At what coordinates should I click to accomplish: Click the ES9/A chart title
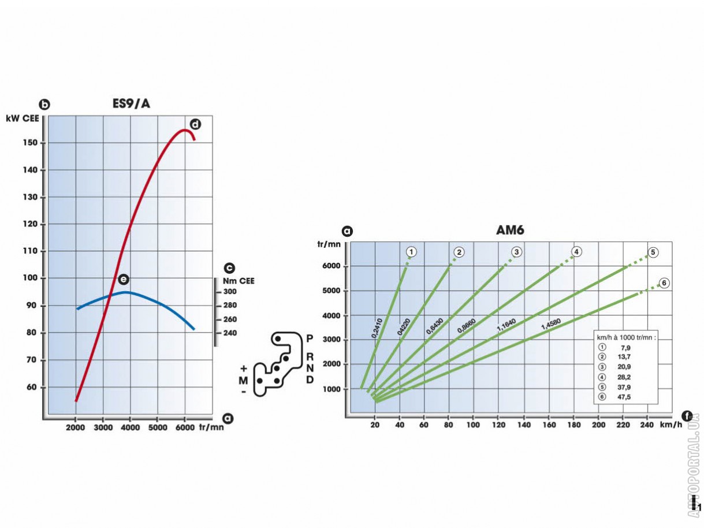pyautogui.click(x=132, y=105)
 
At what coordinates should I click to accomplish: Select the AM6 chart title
pyautogui.click(x=510, y=230)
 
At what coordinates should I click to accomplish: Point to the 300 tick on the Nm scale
pyautogui.click(x=230, y=292)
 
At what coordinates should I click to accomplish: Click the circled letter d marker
pyautogui.click(x=195, y=124)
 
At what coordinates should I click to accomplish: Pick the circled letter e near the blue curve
pyautogui.click(x=123, y=279)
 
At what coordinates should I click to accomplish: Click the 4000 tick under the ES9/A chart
pyautogui.click(x=130, y=427)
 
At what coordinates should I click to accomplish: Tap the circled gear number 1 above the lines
pyautogui.click(x=411, y=252)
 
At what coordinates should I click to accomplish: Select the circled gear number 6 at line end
pyautogui.click(x=664, y=283)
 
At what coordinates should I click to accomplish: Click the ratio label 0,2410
pyautogui.click(x=377, y=328)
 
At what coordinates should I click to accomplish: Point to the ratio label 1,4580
pyautogui.click(x=550, y=324)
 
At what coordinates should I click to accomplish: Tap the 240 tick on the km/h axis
pyautogui.click(x=647, y=425)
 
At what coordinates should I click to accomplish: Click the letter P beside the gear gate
pyautogui.click(x=310, y=338)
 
